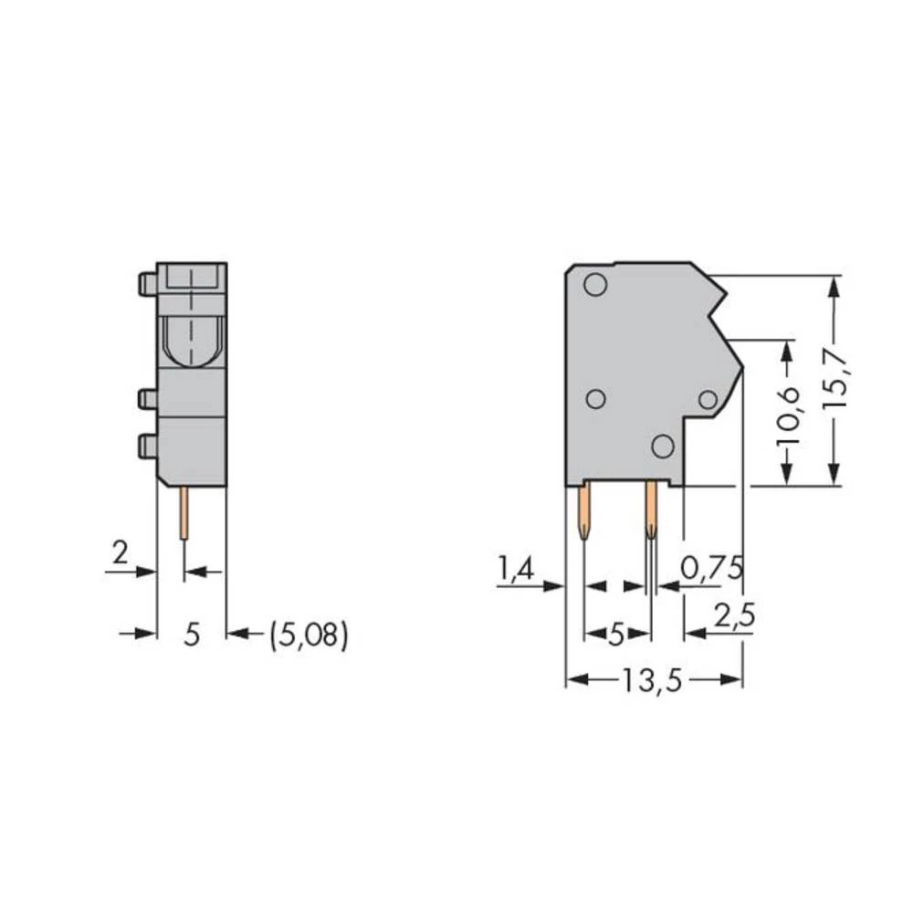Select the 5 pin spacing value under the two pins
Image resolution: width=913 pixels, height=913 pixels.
pyautogui.click(x=616, y=634)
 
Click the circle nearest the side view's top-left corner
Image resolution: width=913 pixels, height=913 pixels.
pyautogui.click(x=594, y=285)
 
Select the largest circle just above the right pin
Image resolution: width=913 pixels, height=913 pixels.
pyautogui.click(x=663, y=446)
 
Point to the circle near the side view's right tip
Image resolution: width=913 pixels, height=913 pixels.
pyautogui.click(x=707, y=399)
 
